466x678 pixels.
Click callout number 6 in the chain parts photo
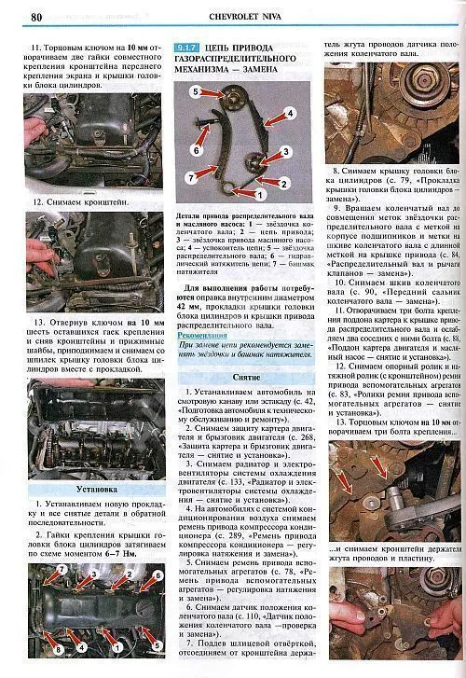197,149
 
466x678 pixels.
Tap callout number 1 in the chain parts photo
260,196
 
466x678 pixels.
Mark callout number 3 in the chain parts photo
287,151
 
